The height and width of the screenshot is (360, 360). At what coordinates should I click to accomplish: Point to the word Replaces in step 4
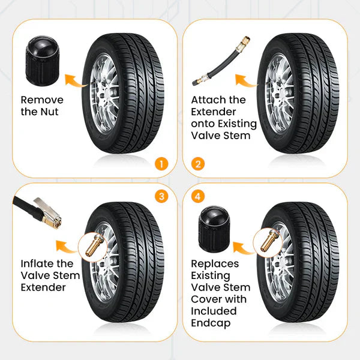coord(215,263)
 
